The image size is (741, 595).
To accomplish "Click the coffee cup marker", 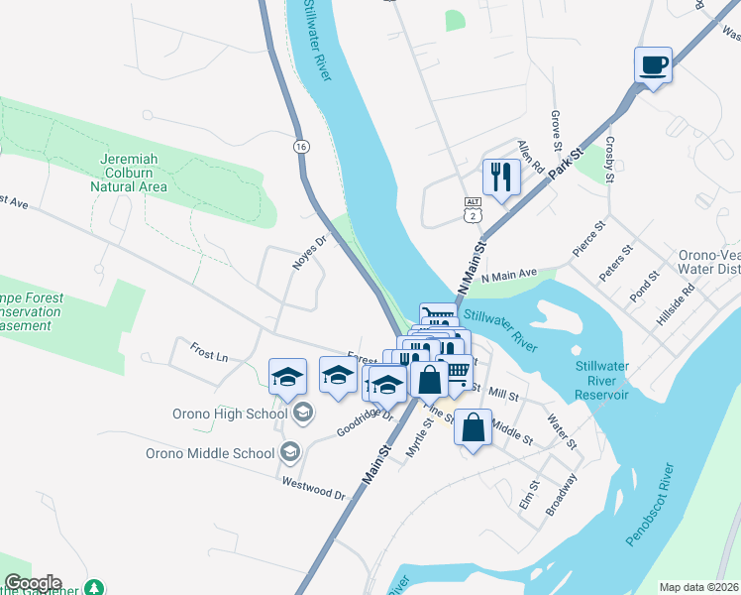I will click(x=653, y=66).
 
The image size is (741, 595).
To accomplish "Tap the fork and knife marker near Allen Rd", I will click(x=500, y=178).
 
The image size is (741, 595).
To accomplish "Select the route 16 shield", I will click(x=300, y=146).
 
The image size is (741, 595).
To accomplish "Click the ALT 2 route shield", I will click(x=473, y=208).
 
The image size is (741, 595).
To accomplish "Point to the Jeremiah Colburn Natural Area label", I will click(x=131, y=172).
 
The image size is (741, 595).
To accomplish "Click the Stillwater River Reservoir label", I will click(x=602, y=381).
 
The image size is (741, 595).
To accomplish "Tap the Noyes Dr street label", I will click(x=309, y=252).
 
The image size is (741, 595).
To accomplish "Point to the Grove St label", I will click(x=556, y=125).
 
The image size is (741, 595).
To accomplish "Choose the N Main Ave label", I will click(x=508, y=276).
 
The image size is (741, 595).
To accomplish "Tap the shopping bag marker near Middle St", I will click(x=474, y=427).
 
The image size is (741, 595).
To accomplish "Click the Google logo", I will click(x=33, y=583).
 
